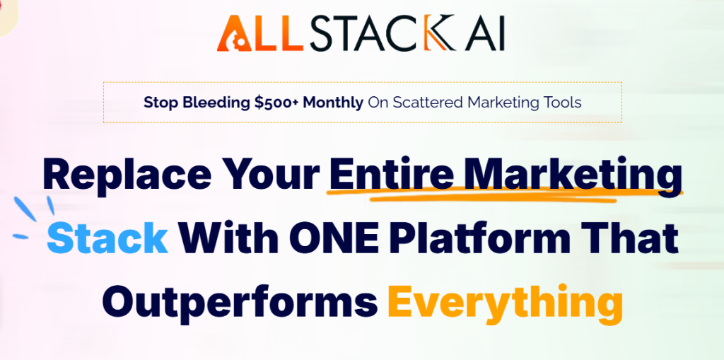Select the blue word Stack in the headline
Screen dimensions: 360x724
click(x=107, y=239)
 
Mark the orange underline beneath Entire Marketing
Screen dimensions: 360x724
click(x=495, y=197)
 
